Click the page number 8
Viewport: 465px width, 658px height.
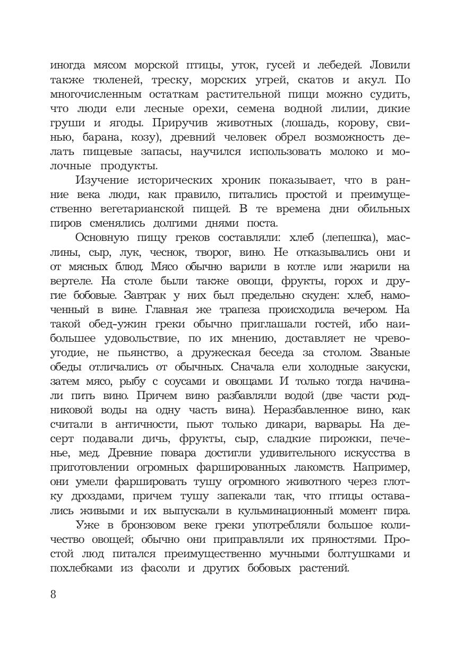pos(53,593)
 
